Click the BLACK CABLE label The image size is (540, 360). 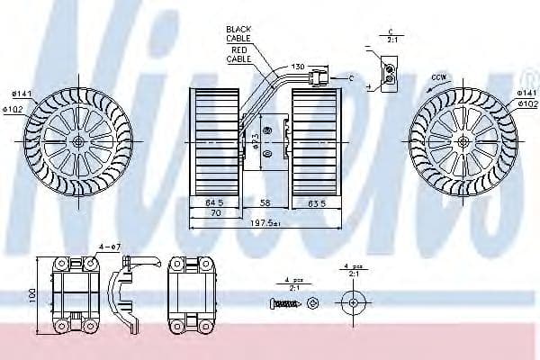click(240, 33)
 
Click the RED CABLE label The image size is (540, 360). click(240, 55)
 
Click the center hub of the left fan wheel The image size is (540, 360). click(79, 142)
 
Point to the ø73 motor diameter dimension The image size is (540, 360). click(257, 142)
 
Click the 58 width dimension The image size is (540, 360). click(265, 203)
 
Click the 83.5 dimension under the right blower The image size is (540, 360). click(317, 203)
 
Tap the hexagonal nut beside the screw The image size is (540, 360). click(312, 301)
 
